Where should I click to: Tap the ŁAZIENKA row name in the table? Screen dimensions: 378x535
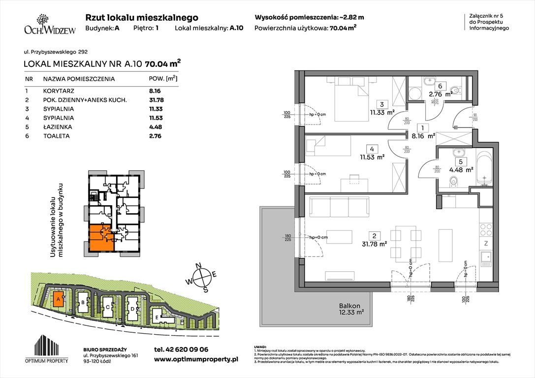point(57,127)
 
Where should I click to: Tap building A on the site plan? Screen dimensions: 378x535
point(59,298)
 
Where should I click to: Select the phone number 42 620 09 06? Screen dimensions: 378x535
point(181,349)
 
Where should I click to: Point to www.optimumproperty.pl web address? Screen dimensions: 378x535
point(196,360)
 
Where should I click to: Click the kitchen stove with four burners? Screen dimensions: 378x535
point(485,230)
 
